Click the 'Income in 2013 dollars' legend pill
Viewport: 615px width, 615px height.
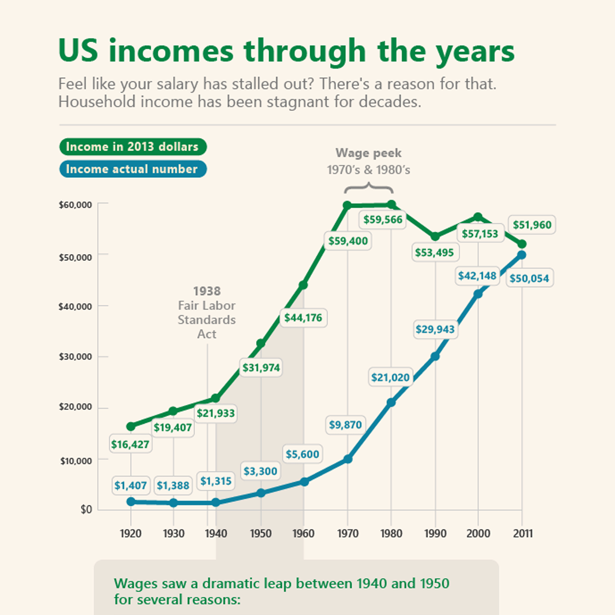coord(133,147)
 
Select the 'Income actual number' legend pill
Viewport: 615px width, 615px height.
coord(133,169)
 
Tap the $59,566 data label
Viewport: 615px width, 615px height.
coord(383,220)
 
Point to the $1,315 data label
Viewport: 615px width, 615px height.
coord(216,481)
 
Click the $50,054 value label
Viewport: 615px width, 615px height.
coord(529,278)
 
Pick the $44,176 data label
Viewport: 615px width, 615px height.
coord(303,318)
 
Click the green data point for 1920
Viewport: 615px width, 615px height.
coord(131,426)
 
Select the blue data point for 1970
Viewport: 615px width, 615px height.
coord(348,459)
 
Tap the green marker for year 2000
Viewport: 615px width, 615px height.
coord(478,217)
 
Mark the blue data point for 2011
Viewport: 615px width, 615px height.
coord(522,255)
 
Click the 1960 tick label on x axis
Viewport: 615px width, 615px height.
coord(303,534)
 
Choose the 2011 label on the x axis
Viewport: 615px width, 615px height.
coord(523,534)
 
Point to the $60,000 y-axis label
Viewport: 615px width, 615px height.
coord(75,205)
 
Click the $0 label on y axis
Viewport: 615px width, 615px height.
coord(86,509)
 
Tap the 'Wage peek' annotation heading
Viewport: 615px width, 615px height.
coord(368,153)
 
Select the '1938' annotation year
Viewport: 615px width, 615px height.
coord(207,291)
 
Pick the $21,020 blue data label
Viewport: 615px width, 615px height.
coord(391,378)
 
